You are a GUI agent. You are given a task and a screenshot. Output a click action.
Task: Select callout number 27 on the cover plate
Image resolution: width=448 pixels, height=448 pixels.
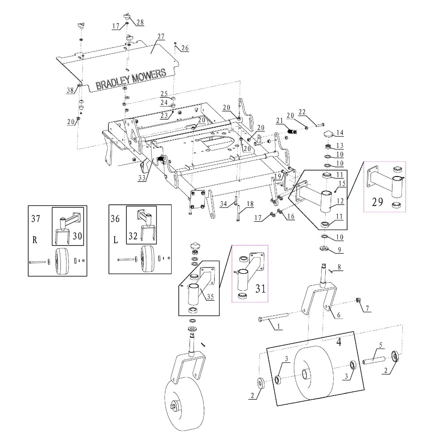click(161, 36)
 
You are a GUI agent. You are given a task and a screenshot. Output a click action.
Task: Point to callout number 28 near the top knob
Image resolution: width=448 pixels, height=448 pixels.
click(140, 22)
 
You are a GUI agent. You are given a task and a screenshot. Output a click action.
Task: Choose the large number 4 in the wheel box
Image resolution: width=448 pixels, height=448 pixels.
click(339, 342)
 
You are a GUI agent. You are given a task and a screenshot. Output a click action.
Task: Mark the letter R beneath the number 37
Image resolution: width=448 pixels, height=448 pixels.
click(34, 239)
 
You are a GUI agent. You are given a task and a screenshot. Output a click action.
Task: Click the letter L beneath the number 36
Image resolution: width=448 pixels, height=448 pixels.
click(115, 240)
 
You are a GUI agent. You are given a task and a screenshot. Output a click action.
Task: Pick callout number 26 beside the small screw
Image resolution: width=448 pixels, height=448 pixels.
click(185, 48)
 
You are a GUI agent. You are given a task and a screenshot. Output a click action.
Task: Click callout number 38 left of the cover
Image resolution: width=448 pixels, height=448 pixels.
click(70, 90)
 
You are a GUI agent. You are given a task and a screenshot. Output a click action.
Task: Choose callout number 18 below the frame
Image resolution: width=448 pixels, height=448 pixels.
click(250, 204)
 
